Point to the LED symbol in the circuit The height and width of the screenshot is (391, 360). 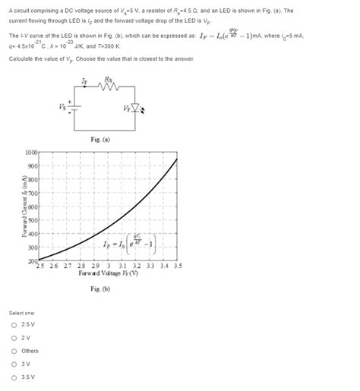click(x=135, y=108)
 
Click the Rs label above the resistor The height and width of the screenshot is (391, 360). click(x=111, y=79)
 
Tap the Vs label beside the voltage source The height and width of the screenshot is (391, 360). click(x=62, y=106)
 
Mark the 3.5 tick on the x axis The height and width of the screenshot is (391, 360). click(x=177, y=266)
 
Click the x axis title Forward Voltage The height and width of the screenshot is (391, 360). click(x=109, y=273)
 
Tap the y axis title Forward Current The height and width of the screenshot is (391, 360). click(x=24, y=207)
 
